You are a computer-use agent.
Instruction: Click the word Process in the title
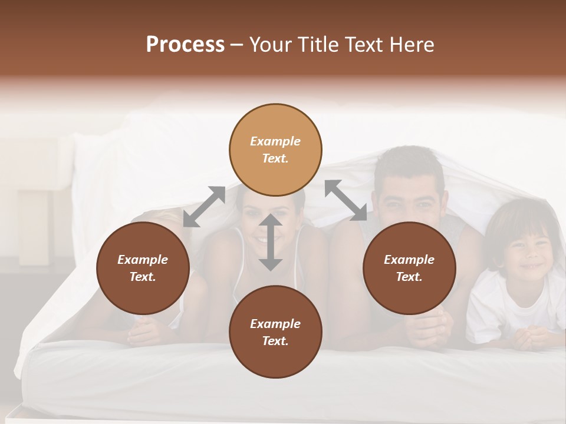click(185, 45)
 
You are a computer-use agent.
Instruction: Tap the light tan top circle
click(275, 150)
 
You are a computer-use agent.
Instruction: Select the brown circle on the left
click(143, 268)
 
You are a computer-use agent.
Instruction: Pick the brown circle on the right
click(409, 268)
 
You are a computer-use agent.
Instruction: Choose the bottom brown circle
click(275, 332)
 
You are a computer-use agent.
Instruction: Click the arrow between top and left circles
click(204, 206)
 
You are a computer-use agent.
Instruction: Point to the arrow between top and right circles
click(346, 200)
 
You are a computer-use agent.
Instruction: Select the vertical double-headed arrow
click(271, 242)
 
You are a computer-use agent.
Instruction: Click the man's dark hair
click(410, 162)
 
